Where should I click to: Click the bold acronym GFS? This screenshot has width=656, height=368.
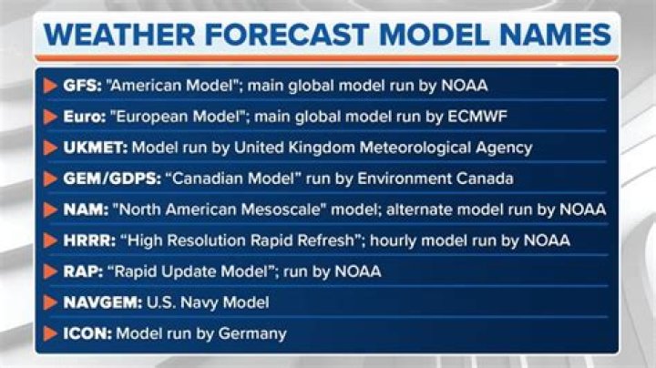(x=80, y=86)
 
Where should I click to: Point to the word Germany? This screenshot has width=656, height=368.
(x=255, y=333)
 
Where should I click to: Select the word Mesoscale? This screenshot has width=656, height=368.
(x=290, y=210)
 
